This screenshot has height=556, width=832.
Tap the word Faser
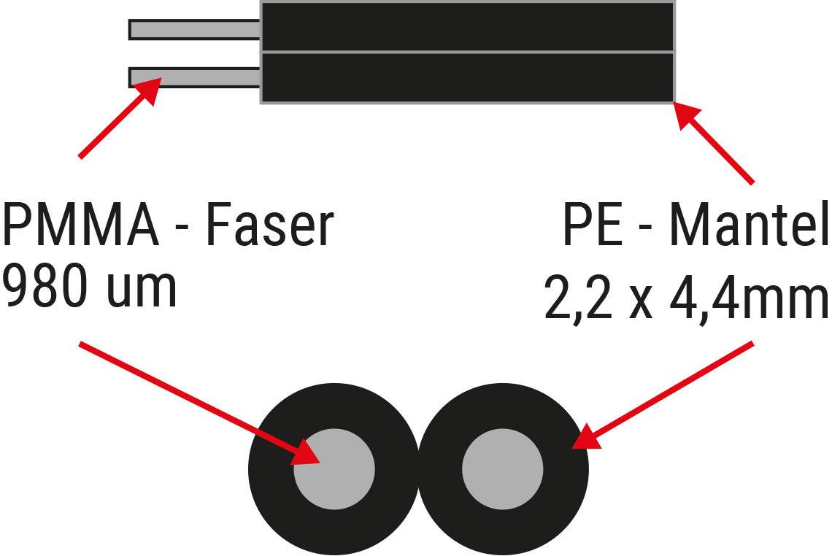(x=269, y=226)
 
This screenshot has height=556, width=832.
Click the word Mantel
(x=749, y=226)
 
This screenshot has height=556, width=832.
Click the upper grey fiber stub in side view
(x=194, y=29)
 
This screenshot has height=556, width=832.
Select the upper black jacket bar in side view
(x=467, y=26)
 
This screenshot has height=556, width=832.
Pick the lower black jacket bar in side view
(x=467, y=77)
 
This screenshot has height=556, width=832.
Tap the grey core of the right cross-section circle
(x=503, y=469)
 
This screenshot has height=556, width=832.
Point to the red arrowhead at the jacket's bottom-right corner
(x=687, y=115)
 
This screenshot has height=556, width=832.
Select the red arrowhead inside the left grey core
(x=307, y=455)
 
